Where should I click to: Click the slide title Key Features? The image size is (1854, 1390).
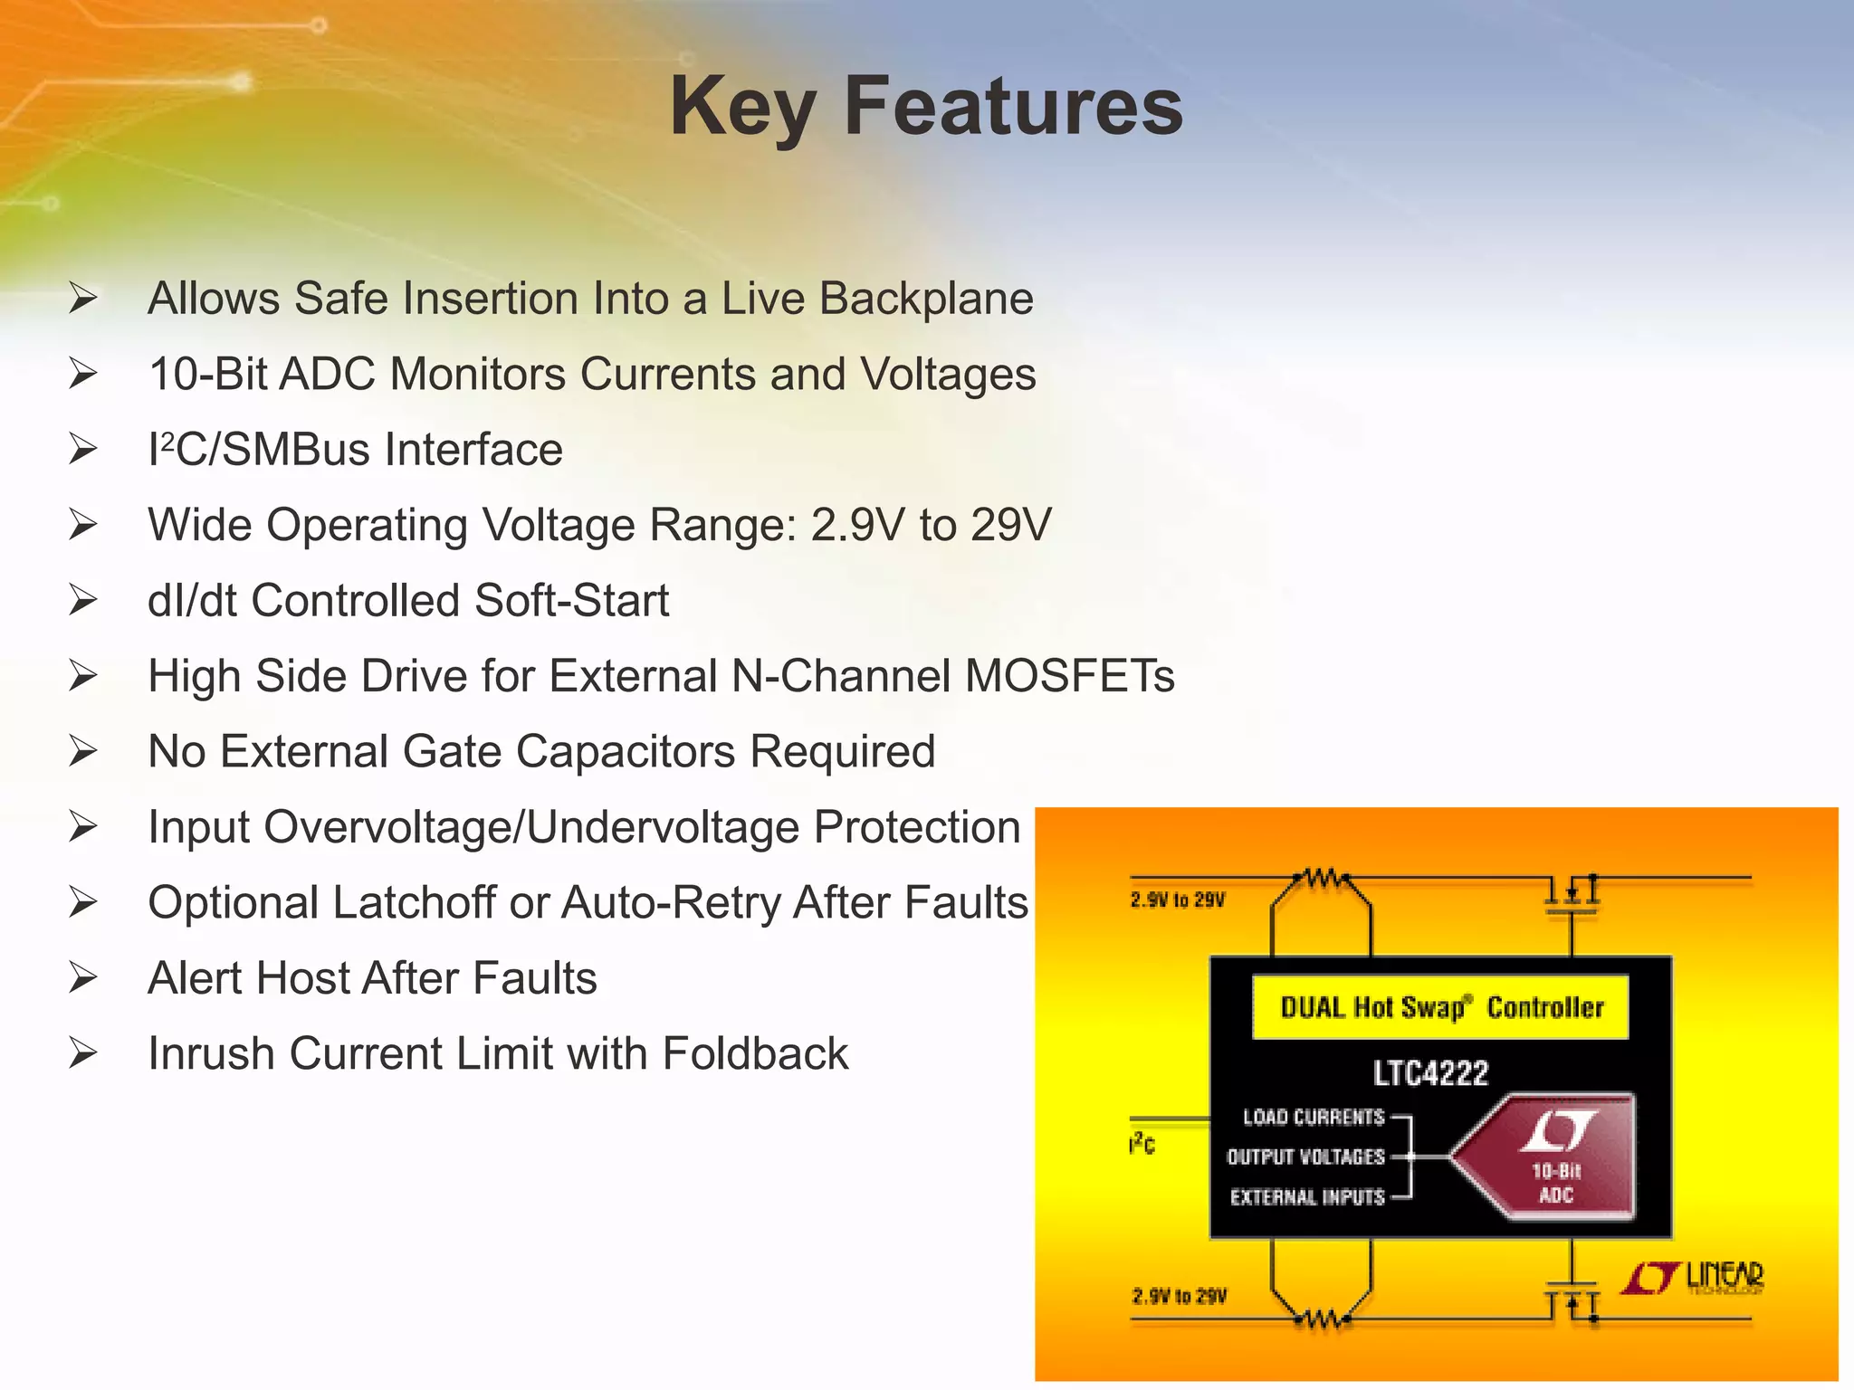tap(925, 107)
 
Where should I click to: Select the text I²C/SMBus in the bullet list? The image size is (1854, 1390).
tap(259, 450)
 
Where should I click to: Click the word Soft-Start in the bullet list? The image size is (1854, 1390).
tap(571, 601)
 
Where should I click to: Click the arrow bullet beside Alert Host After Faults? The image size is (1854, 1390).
tap(83, 978)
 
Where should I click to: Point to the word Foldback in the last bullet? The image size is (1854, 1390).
tap(755, 1054)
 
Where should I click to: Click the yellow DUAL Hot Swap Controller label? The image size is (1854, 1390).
tap(1440, 1007)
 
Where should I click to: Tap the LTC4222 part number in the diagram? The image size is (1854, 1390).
tap(1430, 1073)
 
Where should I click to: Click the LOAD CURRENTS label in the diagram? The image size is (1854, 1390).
tap(1313, 1118)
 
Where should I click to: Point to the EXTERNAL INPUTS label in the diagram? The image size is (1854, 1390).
tap(1306, 1197)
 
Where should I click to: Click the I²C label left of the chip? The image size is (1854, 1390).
tap(1142, 1145)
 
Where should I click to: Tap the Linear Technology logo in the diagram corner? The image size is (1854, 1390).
tap(1693, 1278)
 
